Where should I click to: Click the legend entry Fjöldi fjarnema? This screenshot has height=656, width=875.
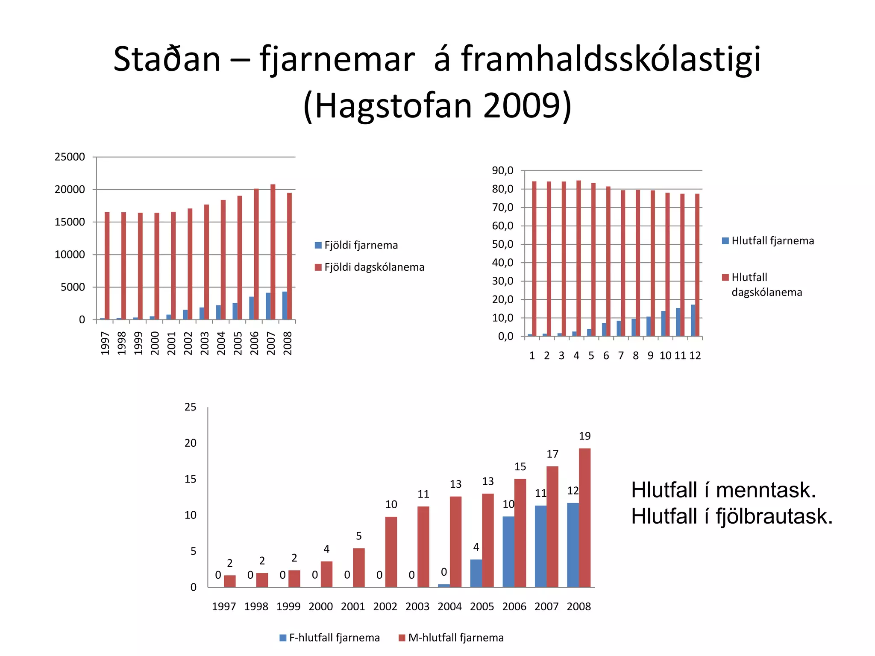coord(361,245)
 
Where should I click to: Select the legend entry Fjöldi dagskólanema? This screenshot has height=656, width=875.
coord(374,267)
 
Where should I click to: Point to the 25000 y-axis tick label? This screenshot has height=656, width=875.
coord(70,157)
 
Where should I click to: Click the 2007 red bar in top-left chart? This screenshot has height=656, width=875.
coord(273,252)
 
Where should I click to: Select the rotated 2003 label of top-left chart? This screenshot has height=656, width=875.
coord(205,343)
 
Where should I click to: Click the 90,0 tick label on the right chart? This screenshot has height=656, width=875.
coord(502,171)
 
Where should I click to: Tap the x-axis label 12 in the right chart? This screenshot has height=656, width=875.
coord(695,356)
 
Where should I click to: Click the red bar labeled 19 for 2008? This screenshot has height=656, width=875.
coord(584,518)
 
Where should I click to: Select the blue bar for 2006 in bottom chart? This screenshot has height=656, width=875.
coord(508,551)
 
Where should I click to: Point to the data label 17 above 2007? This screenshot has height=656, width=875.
coord(552,454)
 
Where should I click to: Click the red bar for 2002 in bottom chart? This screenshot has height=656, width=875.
coord(391,552)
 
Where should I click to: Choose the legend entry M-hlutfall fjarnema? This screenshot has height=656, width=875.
coord(455,638)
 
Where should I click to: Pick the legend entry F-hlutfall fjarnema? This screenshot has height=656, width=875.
coord(334,638)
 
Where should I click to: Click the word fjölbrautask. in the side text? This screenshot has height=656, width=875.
coord(774,516)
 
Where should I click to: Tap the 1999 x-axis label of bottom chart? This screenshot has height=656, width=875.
coord(288,606)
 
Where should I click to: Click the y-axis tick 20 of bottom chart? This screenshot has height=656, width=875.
coord(191,443)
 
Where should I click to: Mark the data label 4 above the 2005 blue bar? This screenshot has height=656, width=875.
coord(476,547)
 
